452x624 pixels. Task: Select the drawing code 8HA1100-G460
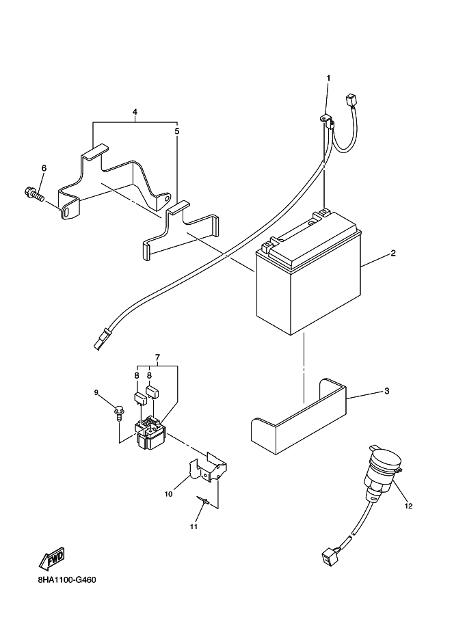67,580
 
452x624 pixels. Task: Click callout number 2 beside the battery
393,253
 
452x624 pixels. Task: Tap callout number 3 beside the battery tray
386,391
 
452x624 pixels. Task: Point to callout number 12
408,506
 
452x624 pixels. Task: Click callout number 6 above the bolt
44,168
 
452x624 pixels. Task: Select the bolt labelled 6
34,194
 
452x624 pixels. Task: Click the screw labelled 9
119,412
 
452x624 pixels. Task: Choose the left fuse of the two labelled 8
138,398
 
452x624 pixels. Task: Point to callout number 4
135,112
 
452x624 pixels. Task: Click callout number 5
177,131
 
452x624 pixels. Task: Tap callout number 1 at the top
328,78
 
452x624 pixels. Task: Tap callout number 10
168,494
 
